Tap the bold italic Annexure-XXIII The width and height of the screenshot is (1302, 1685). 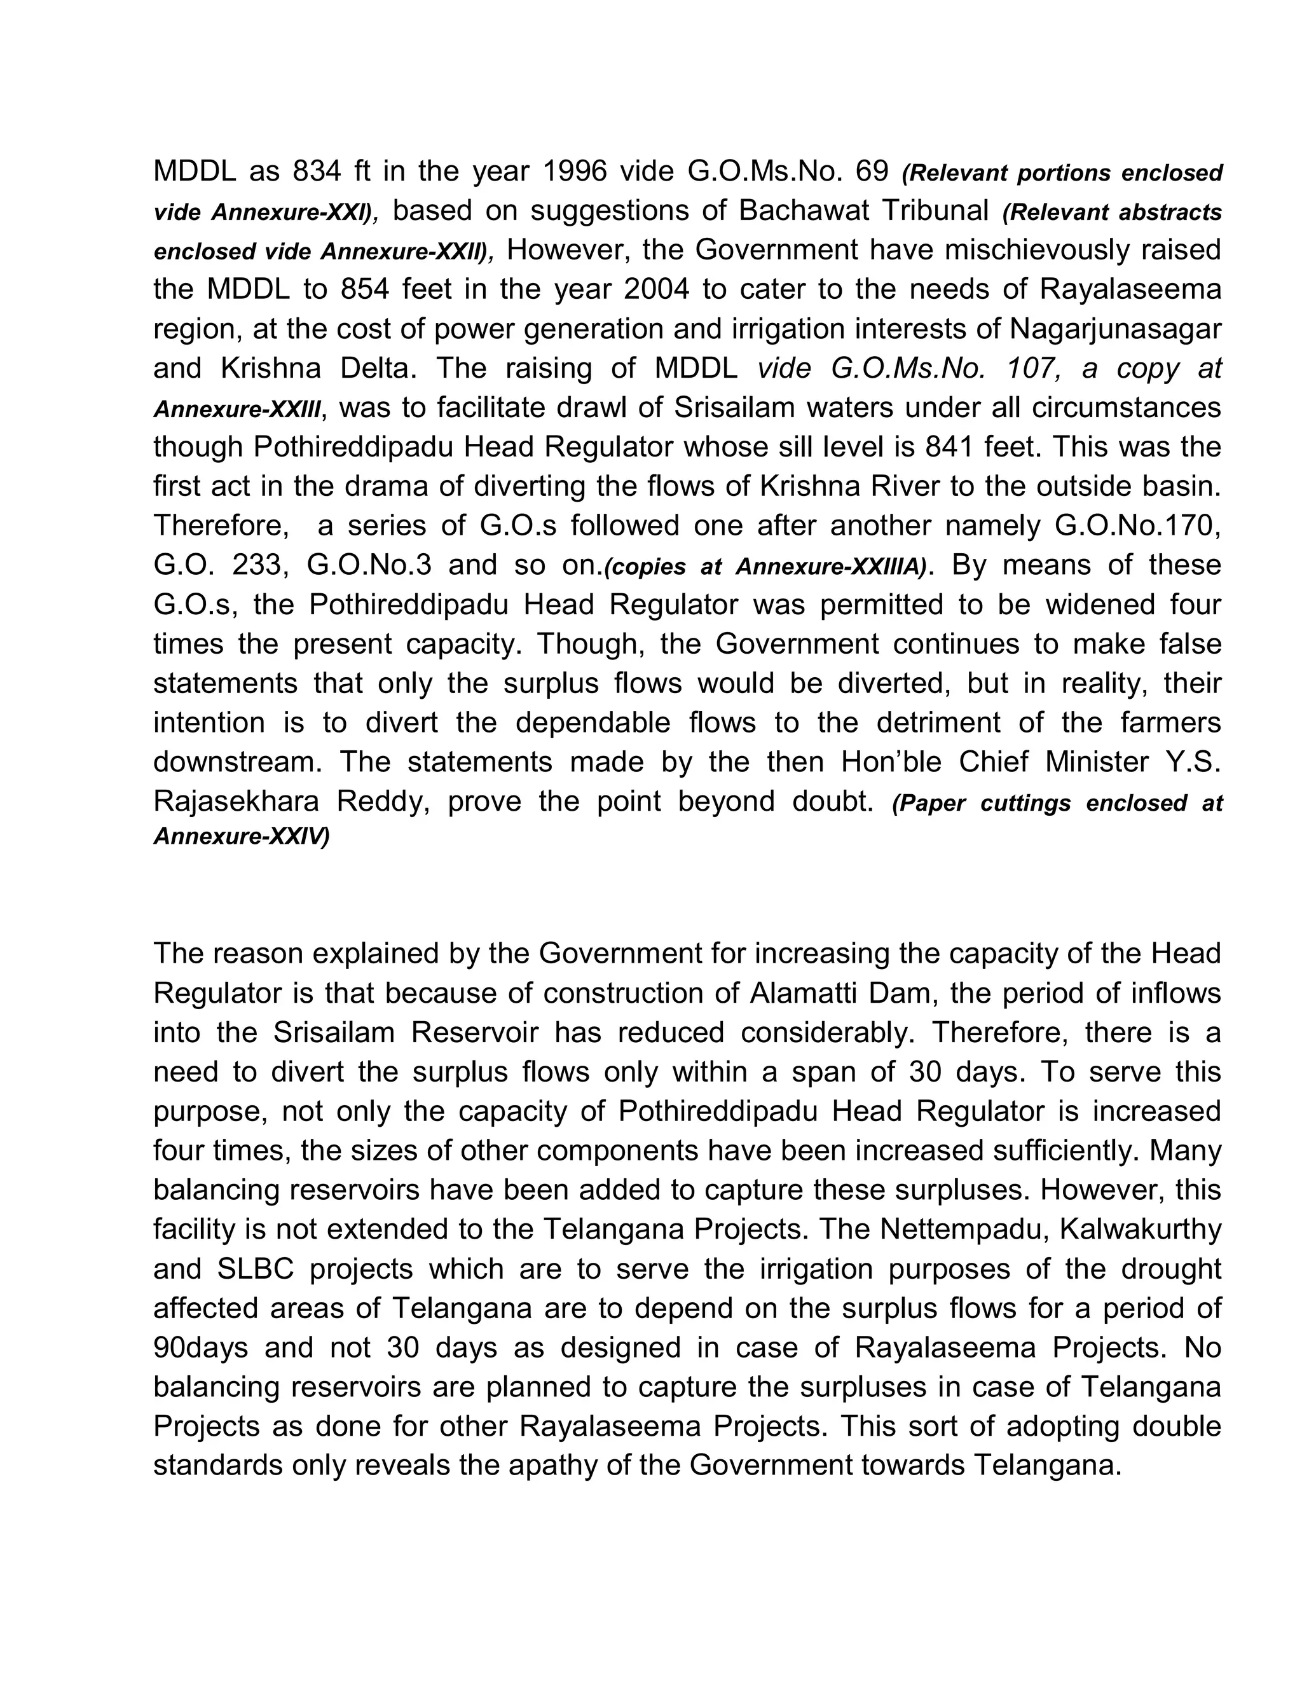(x=236, y=409)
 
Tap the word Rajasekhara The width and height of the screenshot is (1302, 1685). (x=236, y=802)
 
